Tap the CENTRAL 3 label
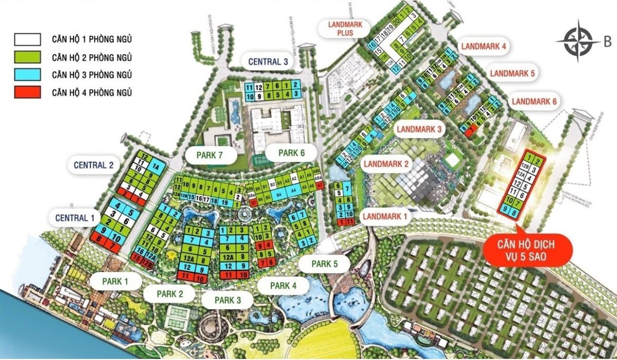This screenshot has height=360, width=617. pos(269,61)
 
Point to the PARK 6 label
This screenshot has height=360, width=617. pos(292,152)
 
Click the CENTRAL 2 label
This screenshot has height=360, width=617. pos(94,166)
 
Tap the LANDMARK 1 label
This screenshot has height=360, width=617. pos(385,217)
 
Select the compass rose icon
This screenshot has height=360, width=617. pos(578,40)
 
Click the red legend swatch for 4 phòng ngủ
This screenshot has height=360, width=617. pos(27,93)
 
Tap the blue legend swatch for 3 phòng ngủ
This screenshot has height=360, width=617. pos(27,75)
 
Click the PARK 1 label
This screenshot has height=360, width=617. pos(115,281)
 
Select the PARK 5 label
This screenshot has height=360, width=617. pos(324,264)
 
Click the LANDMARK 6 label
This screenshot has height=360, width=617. pos(534,101)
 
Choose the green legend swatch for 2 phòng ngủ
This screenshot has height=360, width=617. pos(27,57)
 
